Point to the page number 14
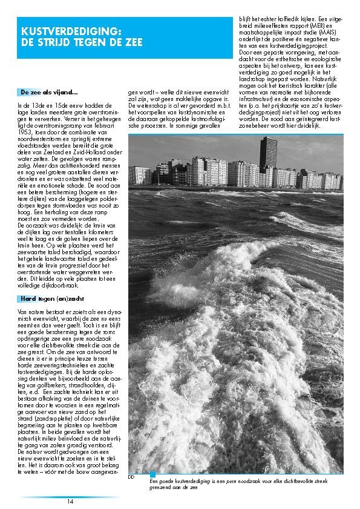coord(70,501)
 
